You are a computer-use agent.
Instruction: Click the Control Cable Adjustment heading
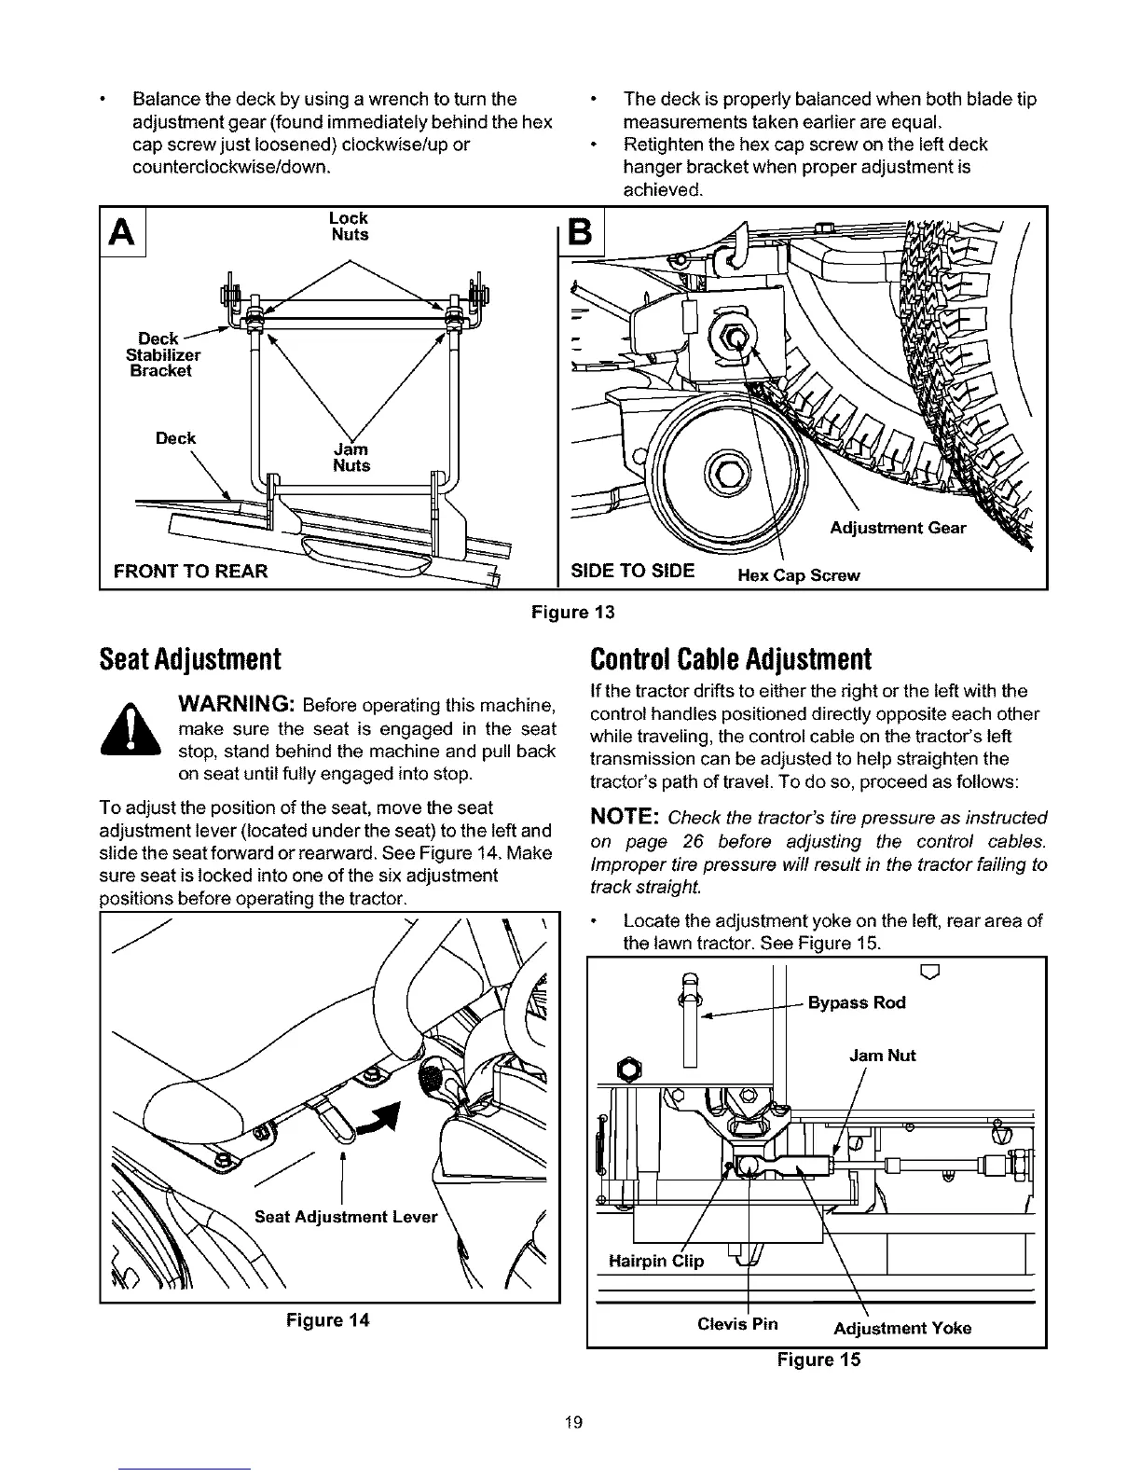click(x=730, y=659)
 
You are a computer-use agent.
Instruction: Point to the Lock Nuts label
click(x=350, y=227)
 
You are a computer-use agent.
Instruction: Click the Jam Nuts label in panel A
click(x=351, y=458)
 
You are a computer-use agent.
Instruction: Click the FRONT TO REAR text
click(x=190, y=571)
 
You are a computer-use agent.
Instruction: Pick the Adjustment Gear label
click(x=897, y=529)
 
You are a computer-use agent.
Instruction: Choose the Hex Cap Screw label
click(x=798, y=575)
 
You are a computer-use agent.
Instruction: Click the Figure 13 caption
click(x=573, y=613)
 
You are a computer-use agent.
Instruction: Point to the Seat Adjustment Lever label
click(x=345, y=1217)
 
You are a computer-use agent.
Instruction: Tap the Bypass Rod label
click(x=856, y=1003)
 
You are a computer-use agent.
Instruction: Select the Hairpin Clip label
click(x=656, y=1262)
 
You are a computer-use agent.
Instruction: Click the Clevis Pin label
click(x=737, y=1324)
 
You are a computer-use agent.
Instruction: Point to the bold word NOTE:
click(x=625, y=818)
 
